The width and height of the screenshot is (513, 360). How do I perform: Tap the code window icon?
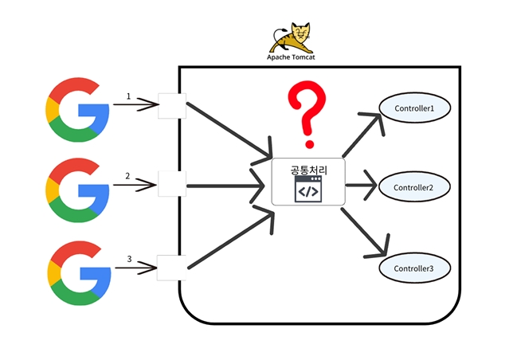tap(307, 190)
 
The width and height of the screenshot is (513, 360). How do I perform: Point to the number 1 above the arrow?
tap(128, 96)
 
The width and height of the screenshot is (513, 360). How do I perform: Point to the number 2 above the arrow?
tap(127, 175)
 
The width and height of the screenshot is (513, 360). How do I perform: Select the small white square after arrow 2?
tap(171, 184)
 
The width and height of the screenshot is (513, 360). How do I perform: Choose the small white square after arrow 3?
tap(170, 267)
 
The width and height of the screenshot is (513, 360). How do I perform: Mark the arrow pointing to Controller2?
tap(362, 187)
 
